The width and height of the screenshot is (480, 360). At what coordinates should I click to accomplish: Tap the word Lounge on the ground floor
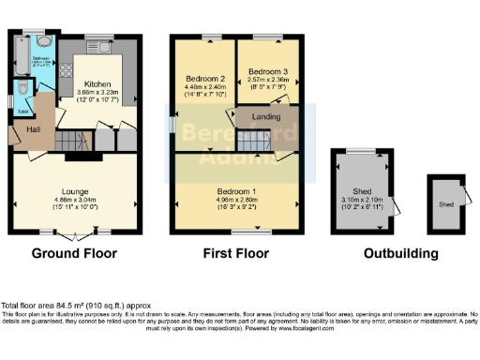[73, 190]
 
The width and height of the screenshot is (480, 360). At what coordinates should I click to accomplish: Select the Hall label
[34, 128]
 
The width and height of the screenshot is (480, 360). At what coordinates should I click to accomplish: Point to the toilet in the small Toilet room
[23, 90]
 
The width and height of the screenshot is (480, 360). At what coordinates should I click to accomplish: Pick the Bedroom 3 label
[267, 71]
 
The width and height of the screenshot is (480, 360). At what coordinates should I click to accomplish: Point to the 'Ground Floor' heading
[74, 253]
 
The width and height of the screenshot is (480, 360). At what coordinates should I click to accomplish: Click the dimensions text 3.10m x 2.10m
[362, 200]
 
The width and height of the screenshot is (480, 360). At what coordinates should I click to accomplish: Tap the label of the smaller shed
[446, 203]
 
